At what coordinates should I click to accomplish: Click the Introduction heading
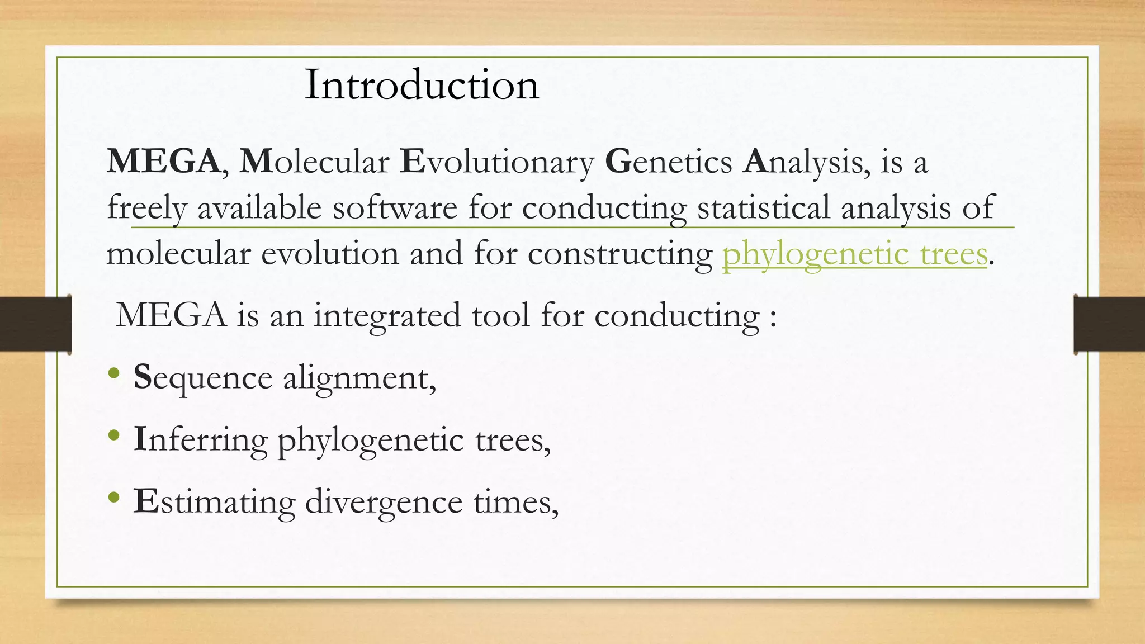[422, 85]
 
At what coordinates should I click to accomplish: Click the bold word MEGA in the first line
[163, 162]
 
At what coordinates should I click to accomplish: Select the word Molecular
[314, 162]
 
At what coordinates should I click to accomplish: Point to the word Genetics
[668, 162]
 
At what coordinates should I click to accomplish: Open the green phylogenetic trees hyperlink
[855, 254]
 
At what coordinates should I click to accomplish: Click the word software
[395, 208]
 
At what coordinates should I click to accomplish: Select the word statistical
[763, 208]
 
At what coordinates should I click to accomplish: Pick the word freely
[146, 209]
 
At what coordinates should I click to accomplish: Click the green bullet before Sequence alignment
[114, 373]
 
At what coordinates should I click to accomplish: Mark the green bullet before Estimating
[114, 497]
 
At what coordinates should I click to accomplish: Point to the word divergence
[384, 502]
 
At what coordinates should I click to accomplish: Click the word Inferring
[200, 441]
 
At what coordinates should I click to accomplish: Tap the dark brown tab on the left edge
[35, 324]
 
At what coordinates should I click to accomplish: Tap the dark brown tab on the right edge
[1109, 324]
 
